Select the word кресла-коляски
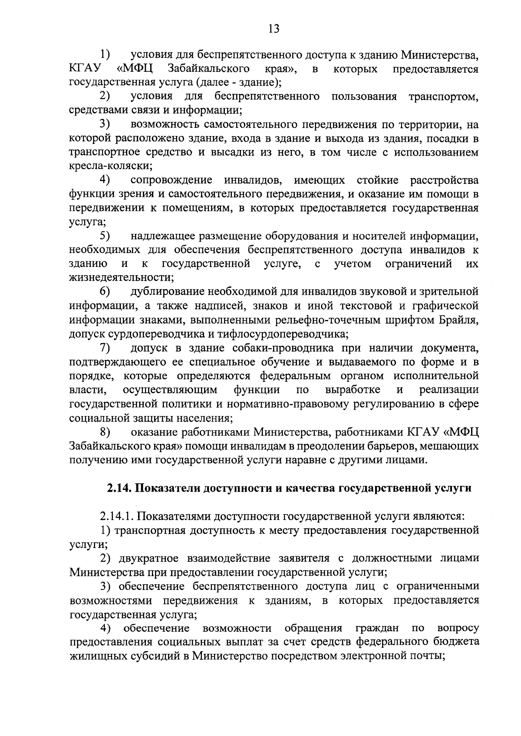tap(110, 166)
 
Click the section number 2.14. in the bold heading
tap(120, 488)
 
